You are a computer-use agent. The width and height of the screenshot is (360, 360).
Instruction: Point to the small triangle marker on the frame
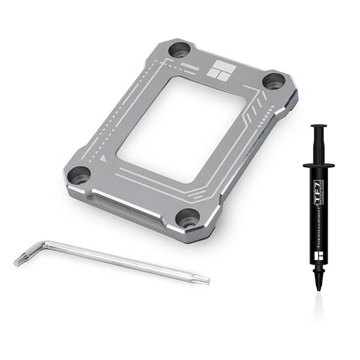[104, 158]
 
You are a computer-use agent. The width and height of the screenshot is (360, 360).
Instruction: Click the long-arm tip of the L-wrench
[205, 280]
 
